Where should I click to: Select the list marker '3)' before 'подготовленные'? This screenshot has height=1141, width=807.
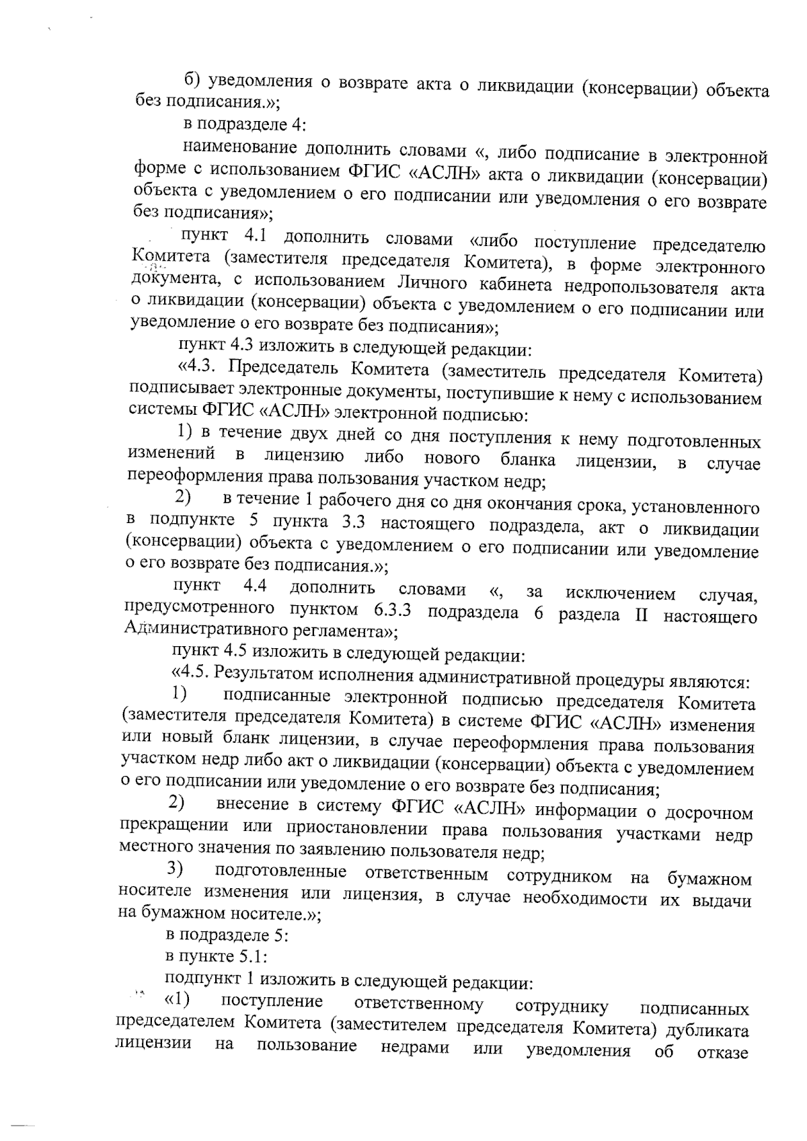[x=176, y=868]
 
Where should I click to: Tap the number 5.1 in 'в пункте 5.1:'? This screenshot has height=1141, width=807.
[x=253, y=957]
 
